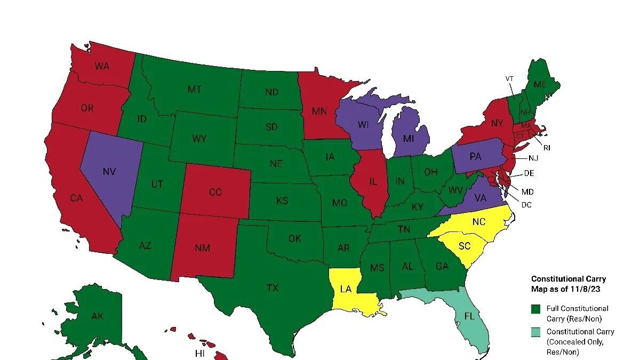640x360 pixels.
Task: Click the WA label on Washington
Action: [x=102, y=67]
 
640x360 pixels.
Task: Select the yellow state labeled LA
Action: [x=346, y=289]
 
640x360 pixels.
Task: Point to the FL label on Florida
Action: [x=469, y=316]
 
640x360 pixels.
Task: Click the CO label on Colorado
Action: [x=215, y=193]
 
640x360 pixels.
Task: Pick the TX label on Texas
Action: [x=273, y=288]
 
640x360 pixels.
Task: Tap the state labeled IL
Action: [x=372, y=181]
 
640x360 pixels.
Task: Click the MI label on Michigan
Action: [x=409, y=139]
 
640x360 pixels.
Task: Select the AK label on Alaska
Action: [x=97, y=316]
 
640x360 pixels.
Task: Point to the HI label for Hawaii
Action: [x=200, y=354]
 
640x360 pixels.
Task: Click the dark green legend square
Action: [x=536, y=309]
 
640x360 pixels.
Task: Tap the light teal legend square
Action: [x=536, y=332]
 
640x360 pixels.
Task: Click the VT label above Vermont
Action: [x=510, y=78]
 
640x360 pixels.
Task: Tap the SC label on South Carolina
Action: [x=465, y=246]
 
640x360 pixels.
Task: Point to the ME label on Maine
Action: [x=540, y=84]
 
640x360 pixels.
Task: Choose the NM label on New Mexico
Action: [x=203, y=248]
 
